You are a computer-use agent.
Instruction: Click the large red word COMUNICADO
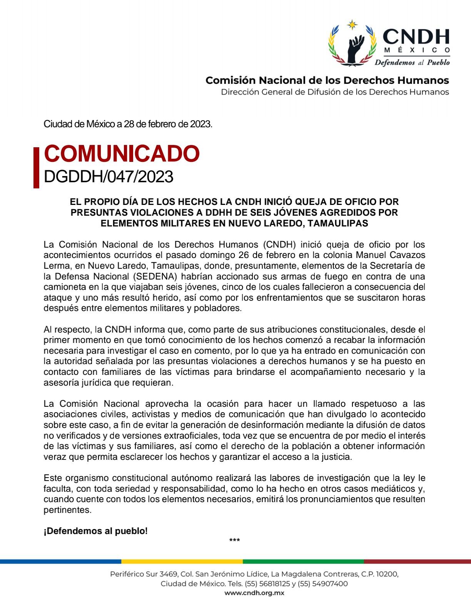(x=122, y=154)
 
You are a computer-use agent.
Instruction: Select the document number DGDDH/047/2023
(x=109, y=177)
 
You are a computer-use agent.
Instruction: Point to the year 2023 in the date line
(x=200, y=124)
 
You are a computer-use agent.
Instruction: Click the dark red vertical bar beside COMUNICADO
(x=37, y=168)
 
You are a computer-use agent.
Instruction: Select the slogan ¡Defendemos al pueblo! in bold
(x=95, y=531)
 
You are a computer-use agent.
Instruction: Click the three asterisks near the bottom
(x=234, y=541)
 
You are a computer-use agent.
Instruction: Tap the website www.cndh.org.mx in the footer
(x=254, y=593)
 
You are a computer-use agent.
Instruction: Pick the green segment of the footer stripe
(x=303, y=561)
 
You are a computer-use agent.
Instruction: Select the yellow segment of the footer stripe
(x=182, y=561)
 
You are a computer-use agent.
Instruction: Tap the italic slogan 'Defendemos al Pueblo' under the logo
(x=412, y=62)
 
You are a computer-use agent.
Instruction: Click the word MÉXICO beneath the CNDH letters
(x=417, y=50)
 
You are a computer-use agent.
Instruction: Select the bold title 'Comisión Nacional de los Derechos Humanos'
(x=327, y=80)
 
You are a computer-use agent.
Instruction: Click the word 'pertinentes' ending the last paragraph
(x=68, y=510)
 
